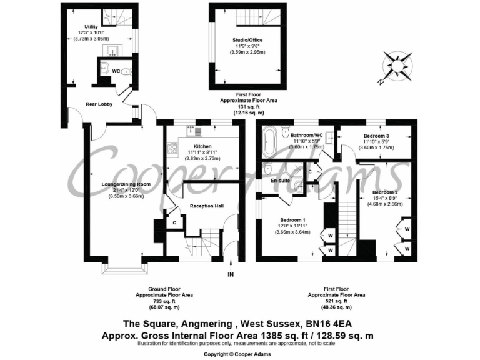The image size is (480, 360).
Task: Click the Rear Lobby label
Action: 99,104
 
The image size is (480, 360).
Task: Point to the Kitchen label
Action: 194,145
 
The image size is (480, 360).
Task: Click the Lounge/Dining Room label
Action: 126,184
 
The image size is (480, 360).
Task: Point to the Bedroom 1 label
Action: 292,219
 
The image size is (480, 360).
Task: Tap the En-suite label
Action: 279,181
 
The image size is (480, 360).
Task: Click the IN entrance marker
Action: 230,274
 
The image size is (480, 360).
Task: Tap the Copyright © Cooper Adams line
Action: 239,354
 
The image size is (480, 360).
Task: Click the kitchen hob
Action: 171,149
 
